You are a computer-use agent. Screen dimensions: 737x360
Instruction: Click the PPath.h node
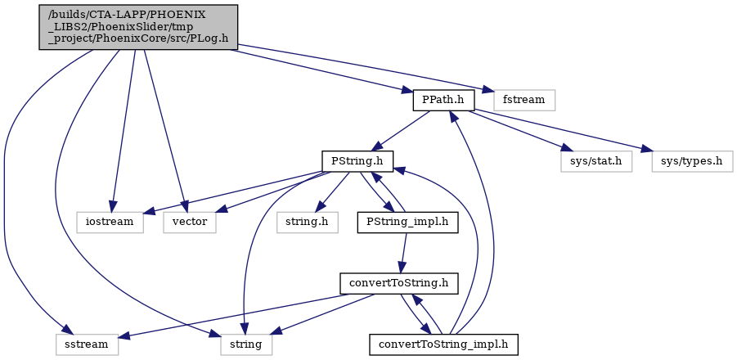pyautogui.click(x=443, y=100)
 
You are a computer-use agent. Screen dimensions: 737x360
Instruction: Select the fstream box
pyautogui.click(x=524, y=100)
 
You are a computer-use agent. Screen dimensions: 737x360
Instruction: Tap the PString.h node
pyautogui.click(x=357, y=161)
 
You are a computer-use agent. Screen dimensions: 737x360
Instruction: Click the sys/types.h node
pyautogui.click(x=692, y=161)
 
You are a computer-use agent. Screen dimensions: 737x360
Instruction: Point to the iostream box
pyautogui.click(x=110, y=222)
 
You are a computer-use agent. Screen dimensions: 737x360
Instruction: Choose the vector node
pyautogui.click(x=190, y=222)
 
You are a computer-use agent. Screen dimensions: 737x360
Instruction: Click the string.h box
pyautogui.click(x=308, y=222)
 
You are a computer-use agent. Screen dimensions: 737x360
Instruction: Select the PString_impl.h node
pyautogui.click(x=408, y=222)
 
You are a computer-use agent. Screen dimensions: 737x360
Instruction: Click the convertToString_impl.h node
pyautogui.click(x=443, y=344)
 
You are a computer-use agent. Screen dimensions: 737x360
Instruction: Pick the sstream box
pyautogui.click(x=87, y=344)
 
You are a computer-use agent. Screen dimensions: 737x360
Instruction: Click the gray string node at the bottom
pyautogui.click(x=247, y=344)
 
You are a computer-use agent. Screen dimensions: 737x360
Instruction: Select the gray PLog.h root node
pyautogui.click(x=138, y=27)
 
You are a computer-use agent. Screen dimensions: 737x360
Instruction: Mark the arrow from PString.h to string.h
pyautogui.click(x=333, y=191)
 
